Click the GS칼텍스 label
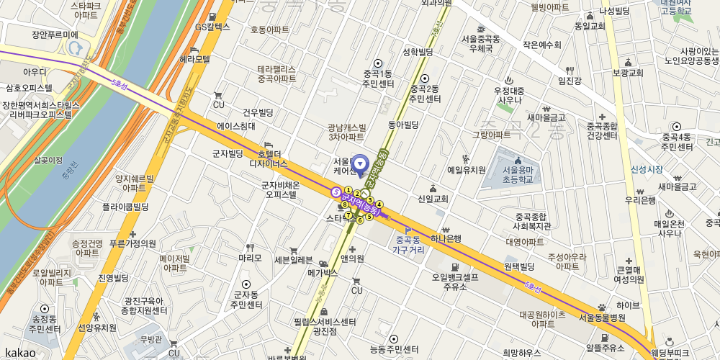coord(212,27)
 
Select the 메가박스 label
coord(323,273)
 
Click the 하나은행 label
coord(446,238)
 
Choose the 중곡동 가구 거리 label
coord(408,245)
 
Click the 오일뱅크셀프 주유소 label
coord(455,281)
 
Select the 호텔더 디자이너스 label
coord(268,158)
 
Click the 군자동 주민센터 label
coord(246,300)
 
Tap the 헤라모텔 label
coord(194,58)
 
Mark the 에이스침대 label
coord(236,126)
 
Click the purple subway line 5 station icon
coord(336,192)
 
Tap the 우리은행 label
coord(640,199)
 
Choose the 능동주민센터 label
coord(393,349)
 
